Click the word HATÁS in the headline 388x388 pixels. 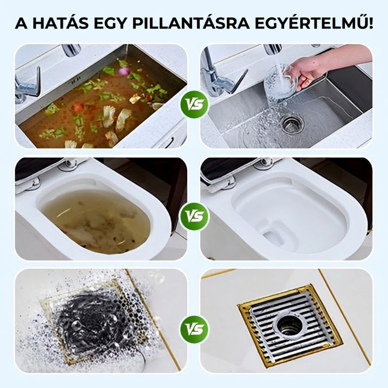coord(61,23)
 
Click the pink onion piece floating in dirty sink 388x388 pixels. coord(124,71)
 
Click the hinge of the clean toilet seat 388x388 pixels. coord(264,163)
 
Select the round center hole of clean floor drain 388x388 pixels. coord(290,323)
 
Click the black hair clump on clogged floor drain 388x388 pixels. coord(92,317)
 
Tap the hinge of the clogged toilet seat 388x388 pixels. coord(68,164)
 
